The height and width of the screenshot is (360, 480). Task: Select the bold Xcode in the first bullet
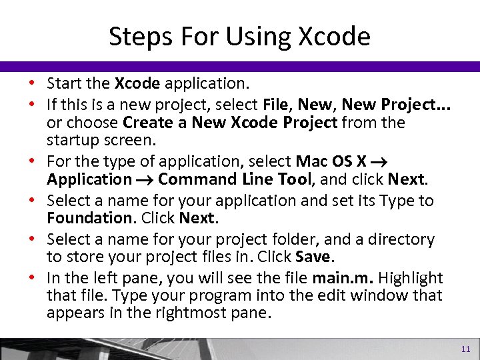pos(137,84)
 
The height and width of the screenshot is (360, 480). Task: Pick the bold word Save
pos(312,257)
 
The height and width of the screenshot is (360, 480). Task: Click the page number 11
pos(465,349)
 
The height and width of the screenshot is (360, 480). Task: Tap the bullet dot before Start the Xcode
pos(32,84)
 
